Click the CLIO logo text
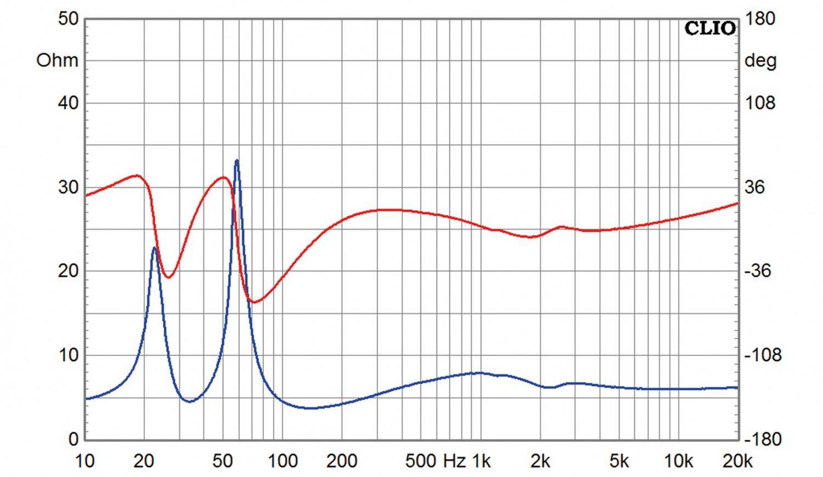(710, 29)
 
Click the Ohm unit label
(57, 60)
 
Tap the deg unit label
(760, 60)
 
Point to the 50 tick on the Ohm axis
(68, 19)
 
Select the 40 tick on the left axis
(68, 103)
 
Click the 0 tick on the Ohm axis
(74, 439)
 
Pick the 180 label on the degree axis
(760, 19)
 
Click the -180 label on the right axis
(763, 439)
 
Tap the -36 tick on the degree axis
(757, 271)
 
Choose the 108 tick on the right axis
(760, 103)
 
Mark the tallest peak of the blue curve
(236, 160)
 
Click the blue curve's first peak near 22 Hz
(155, 248)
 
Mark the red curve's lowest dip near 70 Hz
(254, 302)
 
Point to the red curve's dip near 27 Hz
(168, 277)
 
